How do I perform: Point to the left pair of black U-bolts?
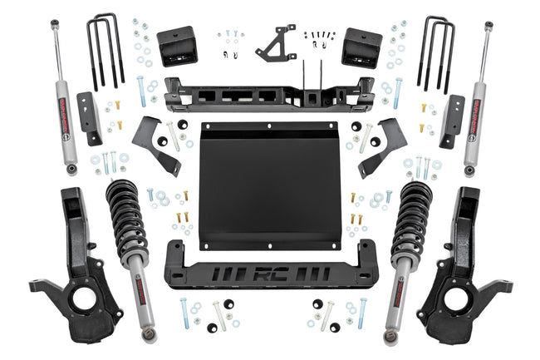point(105,50)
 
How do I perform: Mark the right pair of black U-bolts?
point(436,50)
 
